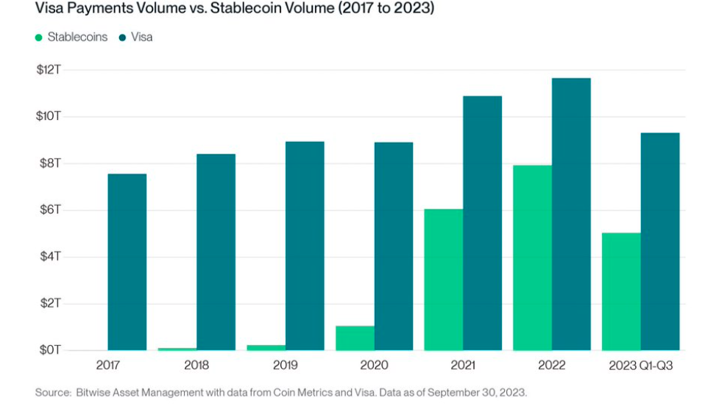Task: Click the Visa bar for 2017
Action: (x=127, y=263)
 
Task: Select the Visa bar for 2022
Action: (x=571, y=215)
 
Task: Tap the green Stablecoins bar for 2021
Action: (x=444, y=280)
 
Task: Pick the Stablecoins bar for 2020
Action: (x=355, y=338)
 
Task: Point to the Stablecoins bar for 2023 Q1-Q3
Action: (x=621, y=292)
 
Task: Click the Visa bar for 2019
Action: (x=305, y=246)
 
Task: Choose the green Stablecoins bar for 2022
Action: (x=532, y=258)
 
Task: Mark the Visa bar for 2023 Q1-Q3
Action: (x=660, y=241)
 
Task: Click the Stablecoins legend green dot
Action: (x=39, y=38)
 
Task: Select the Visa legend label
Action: (x=142, y=37)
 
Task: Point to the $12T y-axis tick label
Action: (x=49, y=70)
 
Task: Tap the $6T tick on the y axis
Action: (x=50, y=210)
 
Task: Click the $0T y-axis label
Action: (x=50, y=350)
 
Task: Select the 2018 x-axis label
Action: (x=196, y=366)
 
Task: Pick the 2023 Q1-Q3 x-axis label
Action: (x=640, y=366)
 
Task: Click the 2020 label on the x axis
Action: (x=374, y=366)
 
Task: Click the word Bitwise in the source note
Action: (x=93, y=393)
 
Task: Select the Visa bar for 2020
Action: (x=394, y=246)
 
